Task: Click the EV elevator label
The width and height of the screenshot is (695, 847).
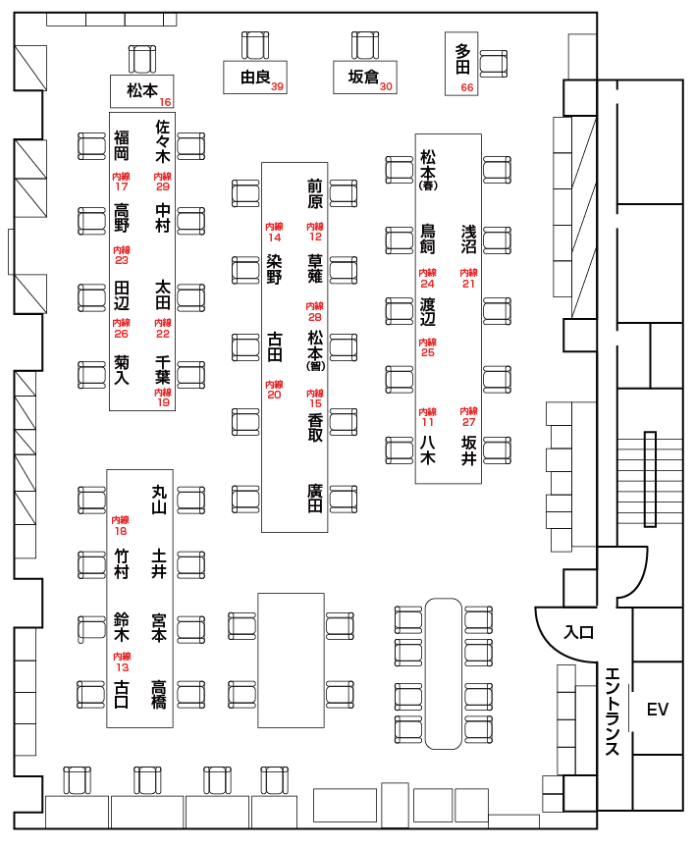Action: [x=657, y=710]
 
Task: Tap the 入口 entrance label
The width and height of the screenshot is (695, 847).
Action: [x=579, y=633]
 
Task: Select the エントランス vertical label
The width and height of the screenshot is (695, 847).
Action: [x=612, y=712]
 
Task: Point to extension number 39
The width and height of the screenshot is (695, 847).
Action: [x=278, y=87]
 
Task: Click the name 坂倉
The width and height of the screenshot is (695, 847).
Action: [x=363, y=77]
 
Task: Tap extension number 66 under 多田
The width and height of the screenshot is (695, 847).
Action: [x=466, y=87]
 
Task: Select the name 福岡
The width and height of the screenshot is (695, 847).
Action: [x=121, y=144]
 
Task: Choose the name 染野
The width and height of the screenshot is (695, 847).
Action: [x=275, y=269]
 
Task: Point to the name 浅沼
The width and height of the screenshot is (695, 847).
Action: [x=469, y=239]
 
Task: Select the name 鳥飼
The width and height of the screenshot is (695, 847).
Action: [x=428, y=239]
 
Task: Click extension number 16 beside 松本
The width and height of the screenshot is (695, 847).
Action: [x=165, y=102]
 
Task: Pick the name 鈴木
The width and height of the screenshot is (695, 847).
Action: [x=122, y=627]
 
